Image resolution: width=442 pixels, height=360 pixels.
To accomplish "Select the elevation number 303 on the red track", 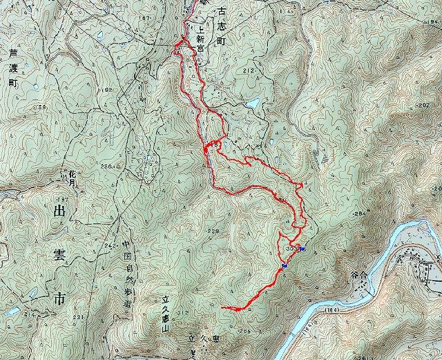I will click(x=291, y=247).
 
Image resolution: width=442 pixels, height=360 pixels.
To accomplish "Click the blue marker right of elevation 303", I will click(x=303, y=249).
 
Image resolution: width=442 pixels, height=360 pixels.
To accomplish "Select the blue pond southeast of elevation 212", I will click(x=253, y=104).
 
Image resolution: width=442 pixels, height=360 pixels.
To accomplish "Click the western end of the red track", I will click(x=222, y=307).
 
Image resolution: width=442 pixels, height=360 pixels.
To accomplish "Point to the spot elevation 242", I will click(x=109, y=245).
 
